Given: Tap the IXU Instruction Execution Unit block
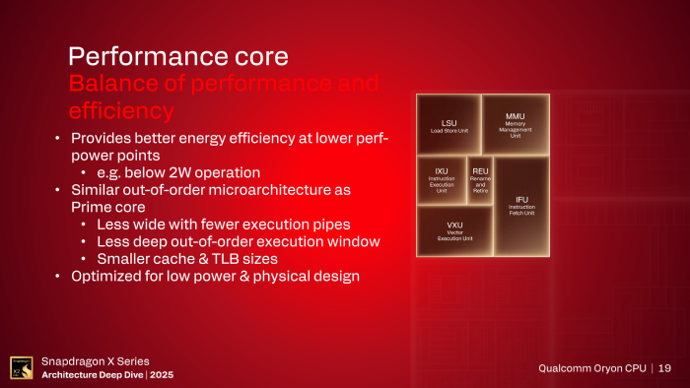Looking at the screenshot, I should [x=441, y=180].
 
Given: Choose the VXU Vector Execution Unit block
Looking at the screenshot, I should [x=454, y=230].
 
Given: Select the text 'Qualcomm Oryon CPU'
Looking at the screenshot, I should [x=592, y=367].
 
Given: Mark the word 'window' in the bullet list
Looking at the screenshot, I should [x=351, y=241].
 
